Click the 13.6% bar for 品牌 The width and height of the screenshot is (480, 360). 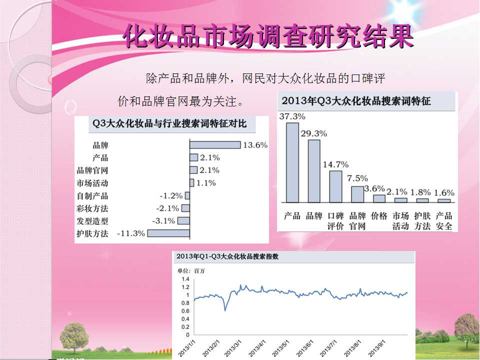click(x=215, y=145)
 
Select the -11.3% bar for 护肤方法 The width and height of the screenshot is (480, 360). click(x=168, y=233)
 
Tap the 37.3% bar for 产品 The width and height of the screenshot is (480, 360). click(x=292, y=162)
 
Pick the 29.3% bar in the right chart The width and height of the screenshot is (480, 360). click(x=314, y=171)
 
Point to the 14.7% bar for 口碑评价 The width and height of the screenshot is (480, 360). click(x=335, y=186)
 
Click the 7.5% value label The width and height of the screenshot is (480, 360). click(x=357, y=178)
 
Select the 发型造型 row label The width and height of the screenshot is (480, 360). click(x=92, y=221)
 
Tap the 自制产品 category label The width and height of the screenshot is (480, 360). click(x=92, y=195)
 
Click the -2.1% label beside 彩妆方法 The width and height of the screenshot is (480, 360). click(x=167, y=208)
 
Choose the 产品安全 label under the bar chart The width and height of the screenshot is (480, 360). click(x=444, y=221)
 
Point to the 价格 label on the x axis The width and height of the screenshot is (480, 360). click(x=379, y=216)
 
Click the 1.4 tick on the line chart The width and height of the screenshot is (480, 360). click(x=185, y=279)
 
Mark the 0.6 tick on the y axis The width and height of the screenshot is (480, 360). click(x=185, y=311)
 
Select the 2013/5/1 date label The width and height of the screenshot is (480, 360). click(x=280, y=348)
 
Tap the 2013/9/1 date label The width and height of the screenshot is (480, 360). click(x=377, y=348)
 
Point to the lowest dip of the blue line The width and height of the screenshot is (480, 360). click(x=225, y=310)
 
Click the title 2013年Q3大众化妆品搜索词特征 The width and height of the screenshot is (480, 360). click(x=356, y=100)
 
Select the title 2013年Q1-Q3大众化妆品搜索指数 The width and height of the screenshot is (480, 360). click(x=227, y=256)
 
